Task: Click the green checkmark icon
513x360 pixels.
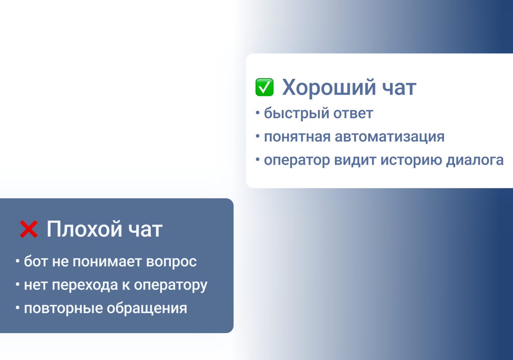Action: point(264,87)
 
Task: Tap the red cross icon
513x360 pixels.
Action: point(29,229)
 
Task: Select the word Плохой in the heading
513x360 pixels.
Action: point(84,229)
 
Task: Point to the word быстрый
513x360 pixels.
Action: point(292,114)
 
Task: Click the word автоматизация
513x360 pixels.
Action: point(390,137)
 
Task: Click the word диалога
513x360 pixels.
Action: point(475,160)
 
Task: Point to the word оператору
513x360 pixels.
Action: point(170,285)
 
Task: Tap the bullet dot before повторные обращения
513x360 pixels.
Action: point(17,308)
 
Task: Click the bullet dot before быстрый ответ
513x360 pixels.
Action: point(258,112)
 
